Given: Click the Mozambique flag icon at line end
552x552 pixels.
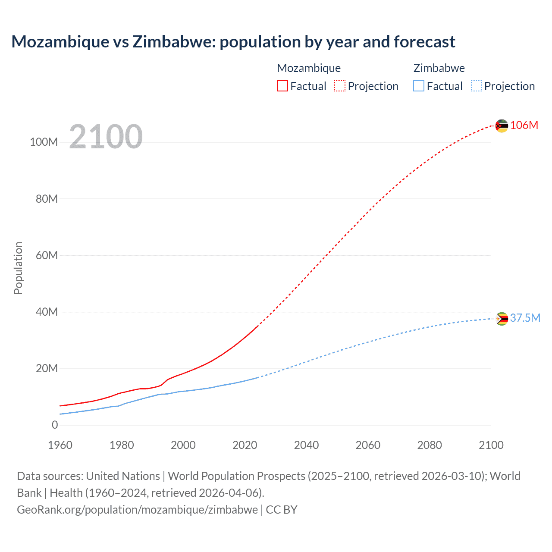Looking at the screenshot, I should [x=502, y=126].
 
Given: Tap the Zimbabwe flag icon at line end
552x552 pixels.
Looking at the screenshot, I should [x=502, y=319].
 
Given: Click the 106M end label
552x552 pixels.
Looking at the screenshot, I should [x=524, y=125].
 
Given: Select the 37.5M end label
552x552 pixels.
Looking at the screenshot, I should [x=525, y=318].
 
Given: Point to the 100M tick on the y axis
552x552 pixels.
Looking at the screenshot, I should [x=44, y=142].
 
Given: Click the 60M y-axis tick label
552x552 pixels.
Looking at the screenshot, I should [x=47, y=255].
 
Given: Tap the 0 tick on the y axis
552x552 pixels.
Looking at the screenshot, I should [x=54, y=425].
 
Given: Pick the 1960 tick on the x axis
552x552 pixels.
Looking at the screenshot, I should [x=60, y=445].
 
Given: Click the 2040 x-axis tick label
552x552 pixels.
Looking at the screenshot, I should [x=306, y=445].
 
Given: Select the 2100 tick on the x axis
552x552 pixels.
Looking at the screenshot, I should [x=491, y=445].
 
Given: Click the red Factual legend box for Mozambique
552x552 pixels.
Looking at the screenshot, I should [x=282, y=86].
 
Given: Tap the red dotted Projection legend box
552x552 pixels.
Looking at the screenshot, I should [x=340, y=86].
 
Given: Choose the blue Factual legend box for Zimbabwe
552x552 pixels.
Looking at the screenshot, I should [x=419, y=86].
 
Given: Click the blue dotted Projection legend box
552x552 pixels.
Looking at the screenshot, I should [x=477, y=86].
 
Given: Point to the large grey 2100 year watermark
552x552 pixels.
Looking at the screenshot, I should [x=106, y=137].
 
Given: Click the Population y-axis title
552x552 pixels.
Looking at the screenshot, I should [x=18, y=268].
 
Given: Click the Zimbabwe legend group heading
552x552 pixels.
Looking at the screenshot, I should [x=439, y=68].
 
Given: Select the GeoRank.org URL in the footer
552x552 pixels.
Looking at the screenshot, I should [x=137, y=509].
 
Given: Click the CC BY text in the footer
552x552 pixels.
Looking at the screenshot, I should [x=282, y=509].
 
